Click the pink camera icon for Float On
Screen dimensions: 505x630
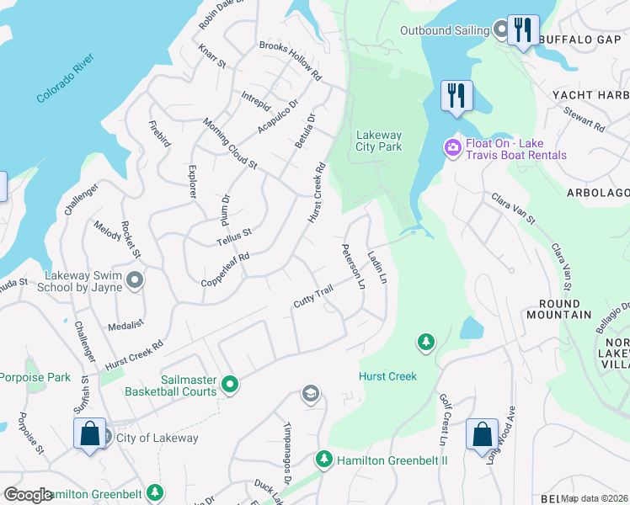point(453,148)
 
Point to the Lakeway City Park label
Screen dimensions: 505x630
point(379,141)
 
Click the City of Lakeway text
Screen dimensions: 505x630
point(157,438)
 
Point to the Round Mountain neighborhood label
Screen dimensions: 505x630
point(553,309)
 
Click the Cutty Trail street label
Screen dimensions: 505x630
point(314,296)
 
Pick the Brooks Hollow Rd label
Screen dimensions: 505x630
point(291,61)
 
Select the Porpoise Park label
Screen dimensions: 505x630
point(35,378)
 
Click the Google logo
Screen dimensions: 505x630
point(28,495)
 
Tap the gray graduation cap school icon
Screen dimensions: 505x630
point(311,394)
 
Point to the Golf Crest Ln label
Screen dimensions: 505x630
point(443,418)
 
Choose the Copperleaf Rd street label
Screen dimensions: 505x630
point(225,269)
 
